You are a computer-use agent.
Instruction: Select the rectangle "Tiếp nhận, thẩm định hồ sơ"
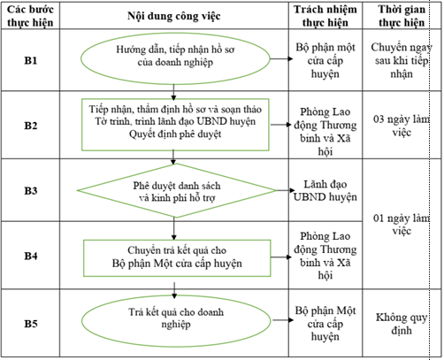(179, 121)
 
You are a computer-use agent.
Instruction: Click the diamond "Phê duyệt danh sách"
(177, 191)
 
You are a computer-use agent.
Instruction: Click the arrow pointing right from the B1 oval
(282, 59)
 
